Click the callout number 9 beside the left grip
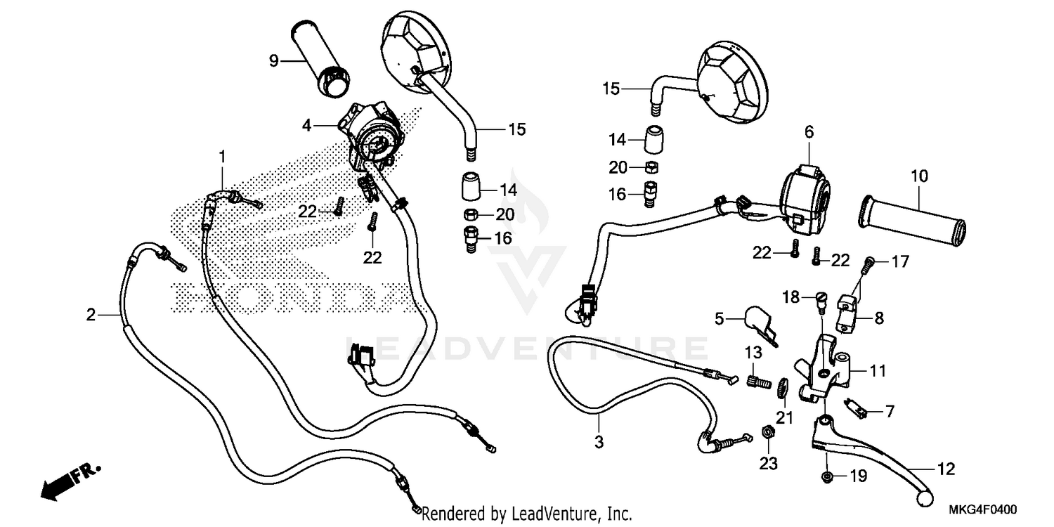(274, 61)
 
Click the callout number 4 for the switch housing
(306, 126)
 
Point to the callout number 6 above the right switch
(809, 131)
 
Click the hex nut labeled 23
(768, 433)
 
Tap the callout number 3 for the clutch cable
(599, 442)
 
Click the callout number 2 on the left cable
(91, 315)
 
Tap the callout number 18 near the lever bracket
(791, 297)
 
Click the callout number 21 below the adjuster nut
(784, 417)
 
